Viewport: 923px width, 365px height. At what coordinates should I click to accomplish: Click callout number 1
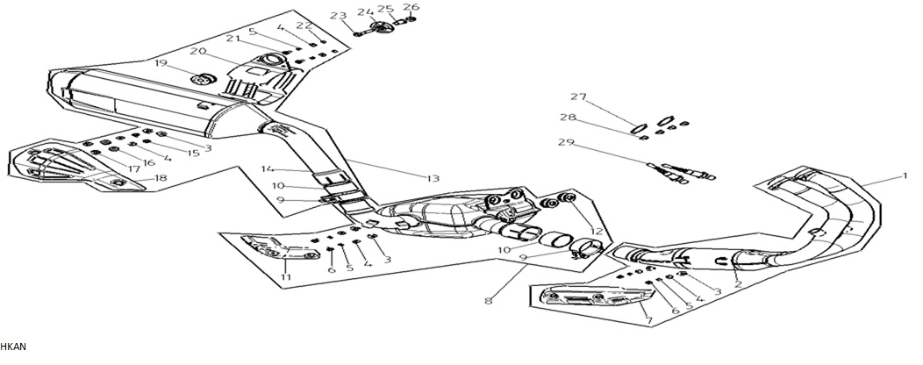point(905,176)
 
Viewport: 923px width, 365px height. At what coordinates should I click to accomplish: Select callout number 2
point(738,284)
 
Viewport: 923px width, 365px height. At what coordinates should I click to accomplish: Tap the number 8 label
point(489,301)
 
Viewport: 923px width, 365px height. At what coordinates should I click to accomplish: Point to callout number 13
point(433,178)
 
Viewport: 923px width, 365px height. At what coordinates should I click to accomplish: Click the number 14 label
point(268,169)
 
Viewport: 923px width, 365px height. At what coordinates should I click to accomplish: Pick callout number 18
point(160,178)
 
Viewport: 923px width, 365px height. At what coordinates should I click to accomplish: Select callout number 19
point(161,63)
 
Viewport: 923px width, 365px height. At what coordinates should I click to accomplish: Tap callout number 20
point(197,51)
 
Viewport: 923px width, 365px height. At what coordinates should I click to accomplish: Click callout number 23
point(338,16)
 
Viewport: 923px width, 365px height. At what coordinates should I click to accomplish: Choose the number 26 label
point(411,7)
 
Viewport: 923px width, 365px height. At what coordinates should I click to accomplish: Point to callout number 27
point(579,97)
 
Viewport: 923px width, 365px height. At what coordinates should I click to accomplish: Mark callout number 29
point(566,142)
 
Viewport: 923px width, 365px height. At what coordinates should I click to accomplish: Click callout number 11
point(286,276)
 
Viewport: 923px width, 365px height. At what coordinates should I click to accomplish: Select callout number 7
point(648,321)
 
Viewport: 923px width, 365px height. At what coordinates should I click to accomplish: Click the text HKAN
point(13,347)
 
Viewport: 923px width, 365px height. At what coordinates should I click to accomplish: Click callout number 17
point(134,169)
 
